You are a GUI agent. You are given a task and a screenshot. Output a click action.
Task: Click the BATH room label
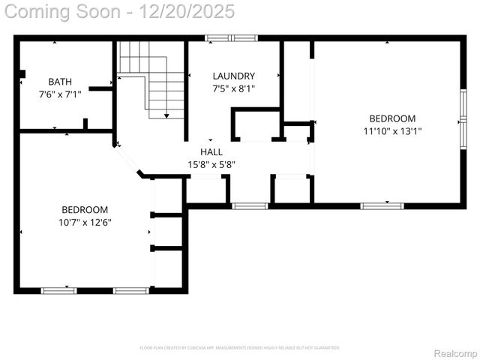60,82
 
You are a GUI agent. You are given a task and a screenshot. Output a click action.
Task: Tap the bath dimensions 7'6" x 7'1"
60,94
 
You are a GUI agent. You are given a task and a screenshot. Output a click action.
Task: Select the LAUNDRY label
233,76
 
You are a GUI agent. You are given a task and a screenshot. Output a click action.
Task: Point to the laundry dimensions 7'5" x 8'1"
233,88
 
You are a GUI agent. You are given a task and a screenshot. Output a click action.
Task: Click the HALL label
211,151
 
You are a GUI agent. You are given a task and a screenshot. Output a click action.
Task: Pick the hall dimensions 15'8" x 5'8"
211,164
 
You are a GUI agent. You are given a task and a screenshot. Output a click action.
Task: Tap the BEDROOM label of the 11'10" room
392,118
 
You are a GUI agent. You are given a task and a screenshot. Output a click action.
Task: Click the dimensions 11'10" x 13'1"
392,131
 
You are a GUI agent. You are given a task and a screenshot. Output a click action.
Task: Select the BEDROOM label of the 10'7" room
85,209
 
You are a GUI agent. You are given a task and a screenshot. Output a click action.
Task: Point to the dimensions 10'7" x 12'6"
85,222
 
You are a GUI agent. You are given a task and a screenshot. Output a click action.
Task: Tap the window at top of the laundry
232,37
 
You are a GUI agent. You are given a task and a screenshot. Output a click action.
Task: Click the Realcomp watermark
456,352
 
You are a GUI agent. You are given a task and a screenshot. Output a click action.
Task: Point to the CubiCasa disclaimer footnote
240,348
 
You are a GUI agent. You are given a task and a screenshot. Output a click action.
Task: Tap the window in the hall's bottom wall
250,205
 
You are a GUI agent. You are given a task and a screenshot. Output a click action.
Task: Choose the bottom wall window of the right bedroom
382,205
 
